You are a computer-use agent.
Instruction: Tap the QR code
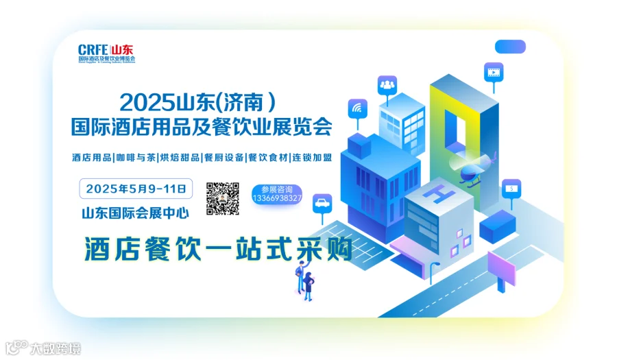tap(223, 198)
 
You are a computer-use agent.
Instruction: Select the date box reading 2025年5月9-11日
tap(136, 188)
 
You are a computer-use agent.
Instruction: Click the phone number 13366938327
tap(277, 198)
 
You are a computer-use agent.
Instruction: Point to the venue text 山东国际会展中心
tap(135, 213)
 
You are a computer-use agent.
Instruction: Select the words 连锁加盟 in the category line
tap(313, 158)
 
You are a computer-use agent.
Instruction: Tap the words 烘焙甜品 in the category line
tap(180, 158)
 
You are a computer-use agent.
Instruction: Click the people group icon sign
tap(387, 85)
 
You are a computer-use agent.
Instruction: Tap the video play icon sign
tap(492, 70)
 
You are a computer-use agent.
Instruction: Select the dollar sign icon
tap(511, 187)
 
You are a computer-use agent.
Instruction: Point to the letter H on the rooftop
tap(436, 195)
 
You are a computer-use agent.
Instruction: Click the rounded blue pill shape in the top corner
tap(510, 47)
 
